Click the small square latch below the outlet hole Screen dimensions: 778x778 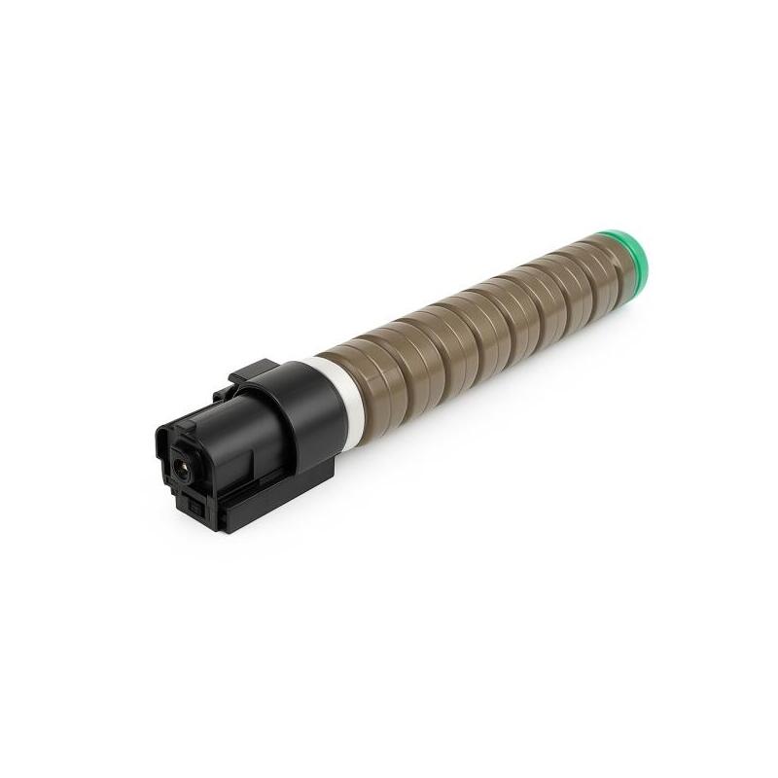point(195,506)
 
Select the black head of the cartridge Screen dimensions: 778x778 point(233,438)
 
